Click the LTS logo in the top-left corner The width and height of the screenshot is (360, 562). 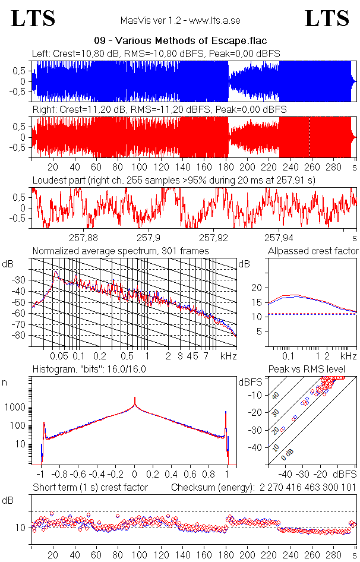[33, 19]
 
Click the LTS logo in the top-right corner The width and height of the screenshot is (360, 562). [327, 19]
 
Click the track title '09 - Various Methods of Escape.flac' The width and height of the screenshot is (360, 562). [180, 40]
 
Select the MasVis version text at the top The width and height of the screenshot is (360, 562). [180, 21]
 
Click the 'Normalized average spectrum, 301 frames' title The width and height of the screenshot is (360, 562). [121, 251]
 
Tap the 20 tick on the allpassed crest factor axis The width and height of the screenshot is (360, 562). [257, 288]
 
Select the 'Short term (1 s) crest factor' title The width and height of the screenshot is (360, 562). [90, 487]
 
